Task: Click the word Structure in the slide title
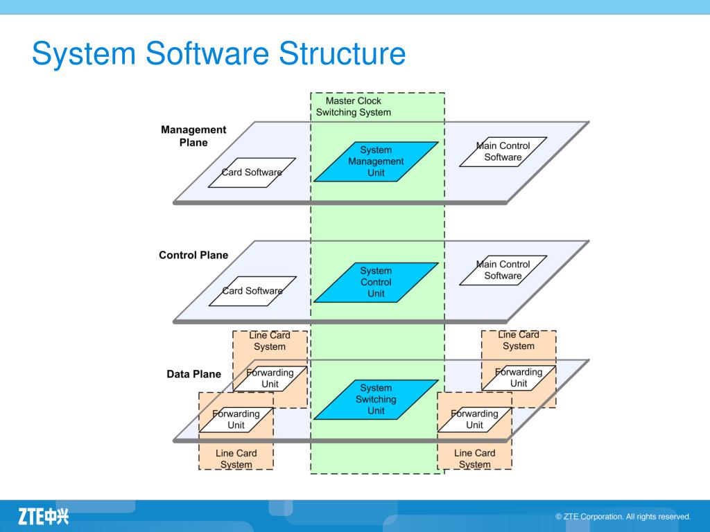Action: pos(342,53)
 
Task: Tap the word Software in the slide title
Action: pos(207,53)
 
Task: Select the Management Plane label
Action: pos(193,136)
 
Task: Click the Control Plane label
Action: pos(193,255)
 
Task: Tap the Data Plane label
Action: pos(194,374)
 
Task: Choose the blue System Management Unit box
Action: pos(376,161)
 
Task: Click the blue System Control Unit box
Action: pos(376,283)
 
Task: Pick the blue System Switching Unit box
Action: pos(376,400)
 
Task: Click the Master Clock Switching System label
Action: pos(353,107)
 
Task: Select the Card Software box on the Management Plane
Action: pos(252,172)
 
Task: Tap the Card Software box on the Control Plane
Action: pos(252,291)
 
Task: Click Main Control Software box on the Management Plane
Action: pos(503,152)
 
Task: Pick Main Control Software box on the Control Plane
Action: pos(503,270)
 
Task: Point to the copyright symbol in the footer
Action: pos(558,517)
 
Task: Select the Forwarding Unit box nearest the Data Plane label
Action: pos(270,378)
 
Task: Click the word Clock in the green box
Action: pos(370,101)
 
